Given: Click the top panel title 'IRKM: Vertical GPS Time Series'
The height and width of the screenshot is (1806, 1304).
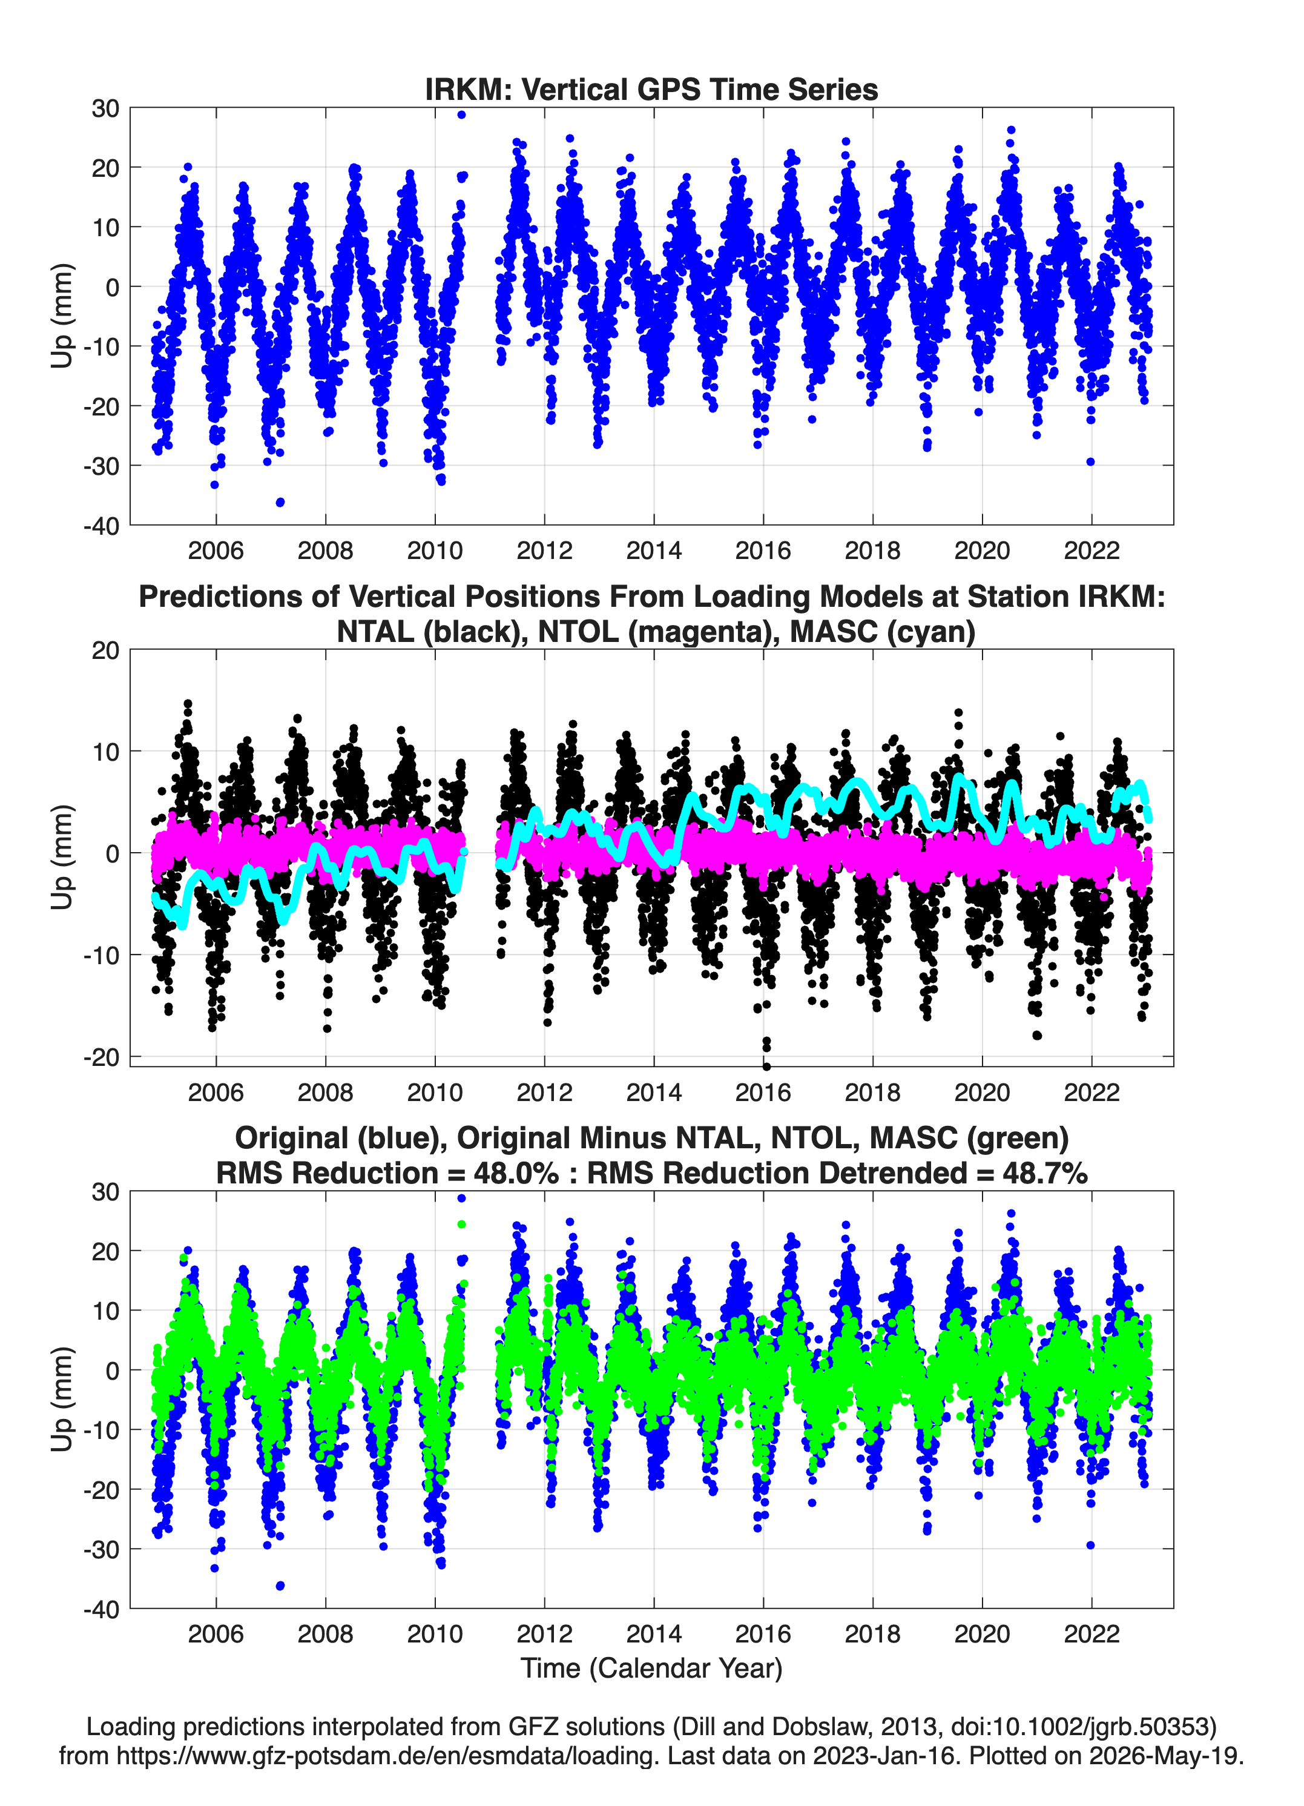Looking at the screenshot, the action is click(651, 89).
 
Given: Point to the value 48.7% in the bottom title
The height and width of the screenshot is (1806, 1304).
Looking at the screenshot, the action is click(1046, 1173).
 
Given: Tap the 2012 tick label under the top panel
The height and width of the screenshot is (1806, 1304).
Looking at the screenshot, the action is click(544, 551).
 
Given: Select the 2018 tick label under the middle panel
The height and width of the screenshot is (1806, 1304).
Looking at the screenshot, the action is click(872, 1092).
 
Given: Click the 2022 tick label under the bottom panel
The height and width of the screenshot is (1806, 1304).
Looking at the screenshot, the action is click(1092, 1633).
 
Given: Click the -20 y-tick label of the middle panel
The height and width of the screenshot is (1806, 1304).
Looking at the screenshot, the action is click(101, 1057).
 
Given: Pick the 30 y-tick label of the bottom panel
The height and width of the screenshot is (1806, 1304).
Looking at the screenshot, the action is click(106, 1192).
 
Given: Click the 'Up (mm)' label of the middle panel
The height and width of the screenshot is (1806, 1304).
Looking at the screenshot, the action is click(62, 857).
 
